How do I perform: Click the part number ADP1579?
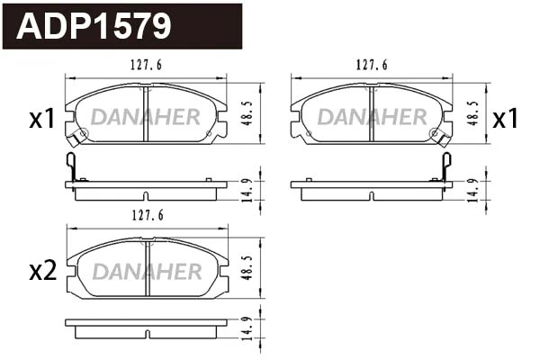[94, 26]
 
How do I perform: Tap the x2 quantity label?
[42, 270]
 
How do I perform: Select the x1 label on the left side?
[42, 118]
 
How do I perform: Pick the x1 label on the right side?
[505, 118]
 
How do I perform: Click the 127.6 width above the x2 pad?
[147, 216]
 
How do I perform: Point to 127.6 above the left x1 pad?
[147, 64]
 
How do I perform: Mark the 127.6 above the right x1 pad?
[372, 64]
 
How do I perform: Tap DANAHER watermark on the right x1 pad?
[372, 117]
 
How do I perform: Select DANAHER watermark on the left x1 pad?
[147, 117]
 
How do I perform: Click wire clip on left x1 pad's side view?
[73, 166]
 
